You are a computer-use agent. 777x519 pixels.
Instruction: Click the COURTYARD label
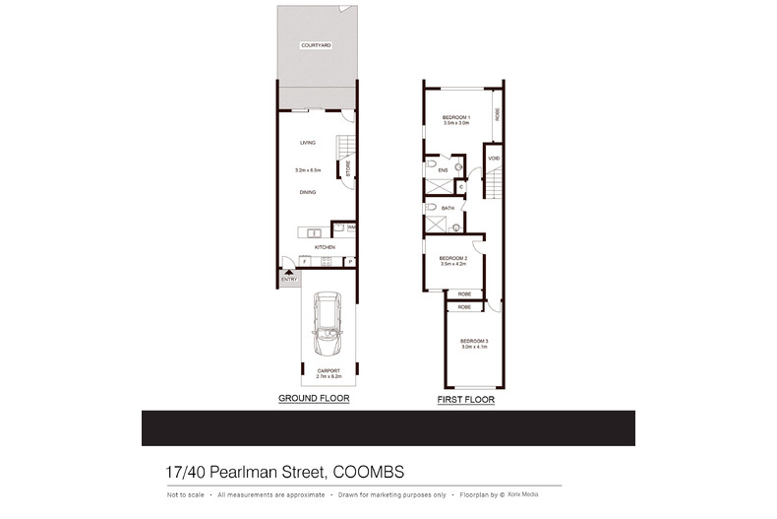pos(316,45)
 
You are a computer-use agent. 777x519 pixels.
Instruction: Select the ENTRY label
pos(289,279)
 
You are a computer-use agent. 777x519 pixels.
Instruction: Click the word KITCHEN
pos(325,246)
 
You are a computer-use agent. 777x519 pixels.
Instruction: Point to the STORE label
pos(347,167)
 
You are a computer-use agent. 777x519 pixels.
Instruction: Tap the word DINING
pos(308,192)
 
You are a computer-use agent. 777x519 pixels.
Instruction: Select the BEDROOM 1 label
pos(457,118)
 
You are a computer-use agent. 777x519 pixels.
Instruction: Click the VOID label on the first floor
pos(494,159)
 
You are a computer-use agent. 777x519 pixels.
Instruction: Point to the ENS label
pos(443,170)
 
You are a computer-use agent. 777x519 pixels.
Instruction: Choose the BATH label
pos(448,209)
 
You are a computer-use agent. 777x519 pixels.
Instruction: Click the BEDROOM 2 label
pos(452,258)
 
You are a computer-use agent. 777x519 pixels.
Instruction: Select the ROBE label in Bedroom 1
pos(498,113)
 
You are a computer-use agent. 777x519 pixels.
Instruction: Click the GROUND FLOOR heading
pos(314,399)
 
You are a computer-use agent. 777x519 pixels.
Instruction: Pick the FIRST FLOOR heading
pos(465,401)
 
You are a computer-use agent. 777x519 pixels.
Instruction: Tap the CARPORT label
pos(327,371)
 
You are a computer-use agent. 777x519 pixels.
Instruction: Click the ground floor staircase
pos(343,148)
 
